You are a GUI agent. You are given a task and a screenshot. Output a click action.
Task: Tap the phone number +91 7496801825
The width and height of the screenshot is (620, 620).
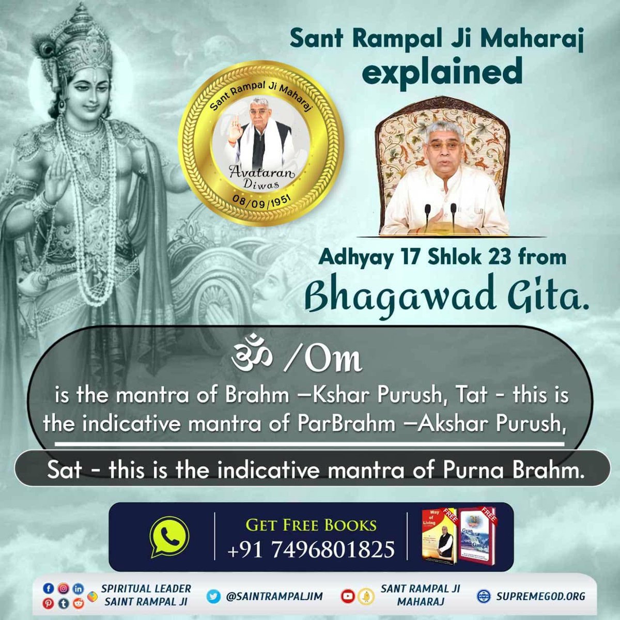tap(311, 549)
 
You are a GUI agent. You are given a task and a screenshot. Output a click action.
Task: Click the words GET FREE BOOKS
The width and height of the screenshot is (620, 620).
tap(311, 525)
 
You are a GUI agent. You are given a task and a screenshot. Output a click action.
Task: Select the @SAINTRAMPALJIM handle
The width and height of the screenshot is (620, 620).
tap(274, 596)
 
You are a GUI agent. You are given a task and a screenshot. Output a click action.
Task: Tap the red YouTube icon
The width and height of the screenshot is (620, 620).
tap(348, 596)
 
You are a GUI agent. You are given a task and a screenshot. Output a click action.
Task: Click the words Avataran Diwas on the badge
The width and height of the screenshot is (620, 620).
tap(261, 178)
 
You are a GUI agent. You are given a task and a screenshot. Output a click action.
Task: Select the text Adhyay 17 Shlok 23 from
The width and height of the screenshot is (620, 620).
tap(442, 256)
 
